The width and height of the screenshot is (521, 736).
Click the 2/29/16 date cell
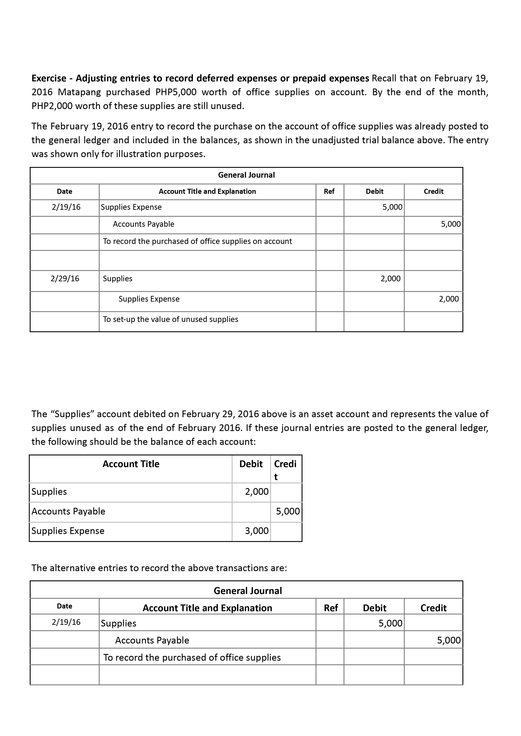[x=65, y=279]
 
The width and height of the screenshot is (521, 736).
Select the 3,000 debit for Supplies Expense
[x=257, y=531]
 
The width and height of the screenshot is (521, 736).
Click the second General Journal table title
[x=248, y=591]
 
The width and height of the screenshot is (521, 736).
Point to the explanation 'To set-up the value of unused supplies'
[x=170, y=319]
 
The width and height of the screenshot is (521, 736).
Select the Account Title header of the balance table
[x=131, y=464]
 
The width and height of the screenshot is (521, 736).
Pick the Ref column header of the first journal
[x=329, y=191]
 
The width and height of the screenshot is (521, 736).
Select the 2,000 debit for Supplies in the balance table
[x=257, y=491]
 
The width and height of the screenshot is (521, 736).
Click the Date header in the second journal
[x=64, y=606]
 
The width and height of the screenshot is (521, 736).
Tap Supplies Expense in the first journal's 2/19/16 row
[x=131, y=207]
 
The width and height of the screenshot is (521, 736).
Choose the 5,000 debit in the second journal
[x=390, y=623]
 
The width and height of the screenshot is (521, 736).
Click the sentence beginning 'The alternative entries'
[x=159, y=568]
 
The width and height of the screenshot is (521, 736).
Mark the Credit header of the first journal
[x=433, y=191]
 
